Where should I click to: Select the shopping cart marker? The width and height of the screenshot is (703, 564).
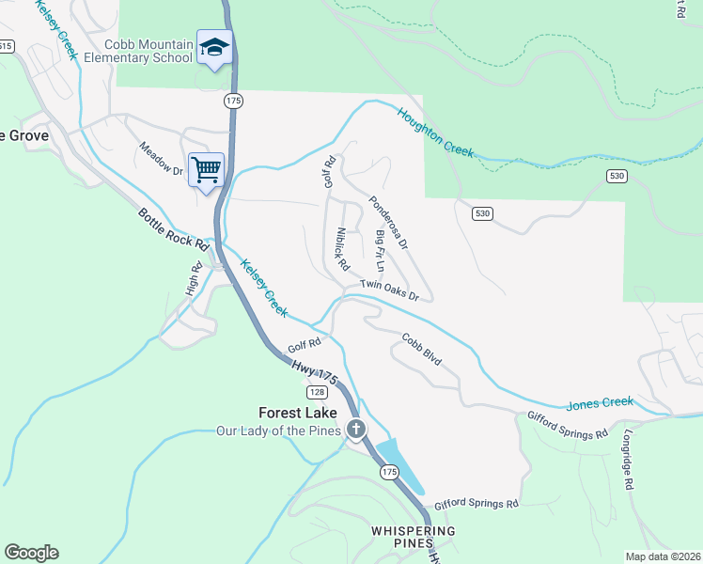pos(206,170)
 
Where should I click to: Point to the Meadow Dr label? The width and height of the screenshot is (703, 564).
pos(161,158)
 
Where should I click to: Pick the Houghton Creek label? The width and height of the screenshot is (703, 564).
pos(435,132)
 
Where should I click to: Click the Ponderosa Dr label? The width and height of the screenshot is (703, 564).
pos(388,222)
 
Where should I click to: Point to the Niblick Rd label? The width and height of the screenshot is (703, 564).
pos(341,246)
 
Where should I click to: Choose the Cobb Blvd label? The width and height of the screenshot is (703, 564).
pos(422,350)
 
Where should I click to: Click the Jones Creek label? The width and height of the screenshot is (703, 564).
pos(600,403)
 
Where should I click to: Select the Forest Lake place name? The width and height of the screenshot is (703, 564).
pos(297,413)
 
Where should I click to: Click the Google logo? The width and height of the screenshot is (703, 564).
pos(31,553)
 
